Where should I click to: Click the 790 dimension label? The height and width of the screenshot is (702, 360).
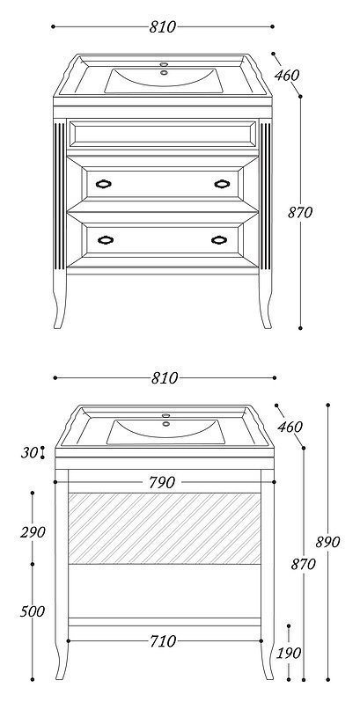[162, 483]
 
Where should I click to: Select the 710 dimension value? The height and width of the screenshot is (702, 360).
[163, 641]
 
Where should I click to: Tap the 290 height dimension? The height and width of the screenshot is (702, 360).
[33, 532]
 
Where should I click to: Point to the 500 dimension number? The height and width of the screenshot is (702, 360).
[33, 611]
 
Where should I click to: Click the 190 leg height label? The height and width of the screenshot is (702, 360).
[289, 654]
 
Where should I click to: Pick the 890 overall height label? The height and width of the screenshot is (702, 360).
[327, 542]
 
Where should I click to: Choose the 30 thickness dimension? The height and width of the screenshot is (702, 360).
[29, 453]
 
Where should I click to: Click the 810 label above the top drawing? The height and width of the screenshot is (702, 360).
[163, 27]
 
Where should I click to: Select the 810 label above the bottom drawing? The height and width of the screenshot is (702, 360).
[165, 378]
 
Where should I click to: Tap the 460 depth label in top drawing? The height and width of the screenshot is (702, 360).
[287, 76]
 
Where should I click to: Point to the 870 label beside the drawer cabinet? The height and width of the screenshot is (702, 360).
[300, 212]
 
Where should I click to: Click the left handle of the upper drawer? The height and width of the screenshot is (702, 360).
[104, 184]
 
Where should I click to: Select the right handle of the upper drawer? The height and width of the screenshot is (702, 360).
[222, 184]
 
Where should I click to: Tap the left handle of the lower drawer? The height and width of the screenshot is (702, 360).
[106, 240]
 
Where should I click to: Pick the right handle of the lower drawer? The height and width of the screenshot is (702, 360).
[219, 240]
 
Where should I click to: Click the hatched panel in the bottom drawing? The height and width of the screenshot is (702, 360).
[165, 529]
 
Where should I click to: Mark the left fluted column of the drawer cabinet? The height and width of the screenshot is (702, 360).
[59, 195]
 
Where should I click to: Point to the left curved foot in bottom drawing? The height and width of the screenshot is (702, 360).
[61, 661]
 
